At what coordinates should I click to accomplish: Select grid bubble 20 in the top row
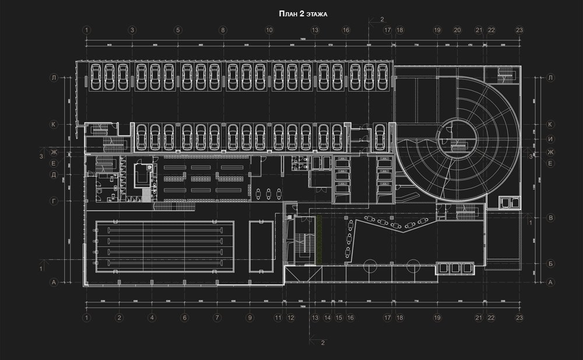[457, 30]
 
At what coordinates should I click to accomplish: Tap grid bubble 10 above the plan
[269, 30]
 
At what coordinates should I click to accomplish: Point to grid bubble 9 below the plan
[250, 317]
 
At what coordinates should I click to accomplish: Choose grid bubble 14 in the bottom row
[328, 317]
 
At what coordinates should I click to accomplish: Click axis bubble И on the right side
[550, 139]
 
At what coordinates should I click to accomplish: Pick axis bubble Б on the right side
[550, 263]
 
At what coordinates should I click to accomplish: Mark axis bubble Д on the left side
[53, 174]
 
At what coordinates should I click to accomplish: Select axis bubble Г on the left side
[53, 200]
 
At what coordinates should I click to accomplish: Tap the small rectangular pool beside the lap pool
[261, 246]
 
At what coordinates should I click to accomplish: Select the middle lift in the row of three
[455, 268]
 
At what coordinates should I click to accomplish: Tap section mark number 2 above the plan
[382, 20]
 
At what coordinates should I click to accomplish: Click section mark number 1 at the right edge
[530, 222]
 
